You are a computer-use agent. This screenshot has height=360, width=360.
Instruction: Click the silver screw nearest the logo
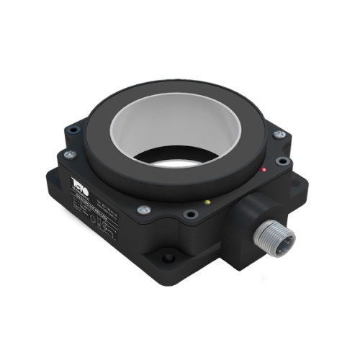click(x=69, y=154)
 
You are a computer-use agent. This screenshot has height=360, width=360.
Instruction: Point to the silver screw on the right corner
click(x=280, y=135)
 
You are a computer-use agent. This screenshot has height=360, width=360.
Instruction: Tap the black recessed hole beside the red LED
click(x=283, y=161)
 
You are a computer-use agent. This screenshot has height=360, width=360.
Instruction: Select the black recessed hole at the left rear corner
click(x=72, y=130)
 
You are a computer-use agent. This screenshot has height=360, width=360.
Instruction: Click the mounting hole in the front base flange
click(x=168, y=256)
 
